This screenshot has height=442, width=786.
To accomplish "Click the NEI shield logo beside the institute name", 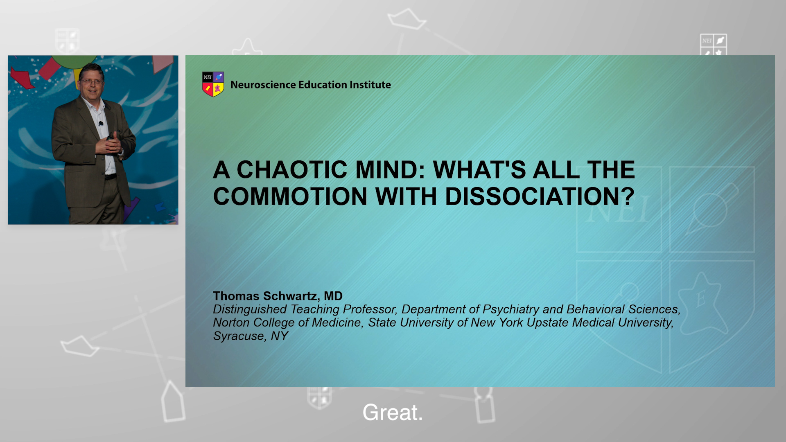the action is [213, 84].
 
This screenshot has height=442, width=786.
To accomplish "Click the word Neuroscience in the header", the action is [263, 85].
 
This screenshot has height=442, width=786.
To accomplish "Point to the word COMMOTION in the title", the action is [290, 196].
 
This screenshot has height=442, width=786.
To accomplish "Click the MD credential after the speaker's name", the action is [333, 296].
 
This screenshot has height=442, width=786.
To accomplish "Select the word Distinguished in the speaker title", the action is [250, 309].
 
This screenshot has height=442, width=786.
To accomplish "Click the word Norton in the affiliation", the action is [231, 322].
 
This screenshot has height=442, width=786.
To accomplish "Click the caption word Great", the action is [393, 412].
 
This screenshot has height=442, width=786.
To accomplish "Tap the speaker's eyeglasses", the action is [92, 81].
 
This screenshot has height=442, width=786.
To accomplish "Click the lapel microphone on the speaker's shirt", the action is [101, 123].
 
